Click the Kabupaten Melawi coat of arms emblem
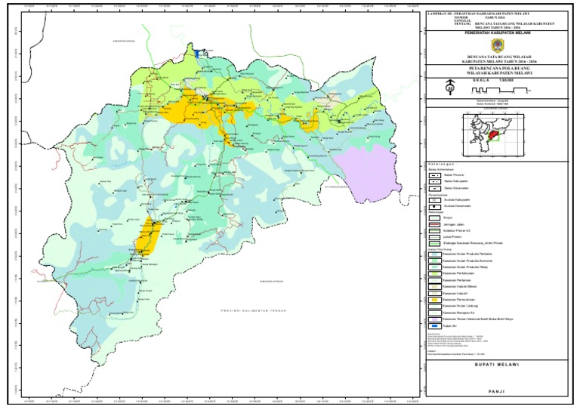click(495, 45)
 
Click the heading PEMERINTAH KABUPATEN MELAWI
click(495, 33)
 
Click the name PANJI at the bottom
click(495, 392)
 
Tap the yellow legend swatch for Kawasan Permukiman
click(434, 300)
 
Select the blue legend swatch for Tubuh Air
click(434, 326)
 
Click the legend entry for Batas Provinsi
click(434, 174)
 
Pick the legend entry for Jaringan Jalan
click(434, 224)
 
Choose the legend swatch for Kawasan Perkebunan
click(434, 273)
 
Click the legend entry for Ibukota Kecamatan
click(434, 206)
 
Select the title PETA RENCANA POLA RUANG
click(495, 67)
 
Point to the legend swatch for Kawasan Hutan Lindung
click(434, 306)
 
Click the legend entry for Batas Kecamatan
click(434, 189)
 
